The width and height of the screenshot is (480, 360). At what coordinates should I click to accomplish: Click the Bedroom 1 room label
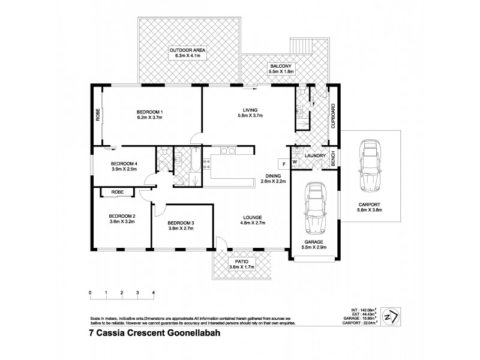click(x=149, y=112)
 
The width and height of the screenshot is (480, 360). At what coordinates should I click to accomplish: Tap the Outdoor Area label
click(x=187, y=50)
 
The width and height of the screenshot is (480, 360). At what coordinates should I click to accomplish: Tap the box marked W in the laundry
click(x=295, y=162)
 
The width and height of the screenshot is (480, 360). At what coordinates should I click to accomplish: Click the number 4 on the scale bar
click(x=154, y=293)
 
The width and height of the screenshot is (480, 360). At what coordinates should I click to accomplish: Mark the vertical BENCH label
click(x=334, y=158)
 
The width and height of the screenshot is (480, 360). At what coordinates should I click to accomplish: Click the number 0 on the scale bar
click(x=90, y=293)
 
